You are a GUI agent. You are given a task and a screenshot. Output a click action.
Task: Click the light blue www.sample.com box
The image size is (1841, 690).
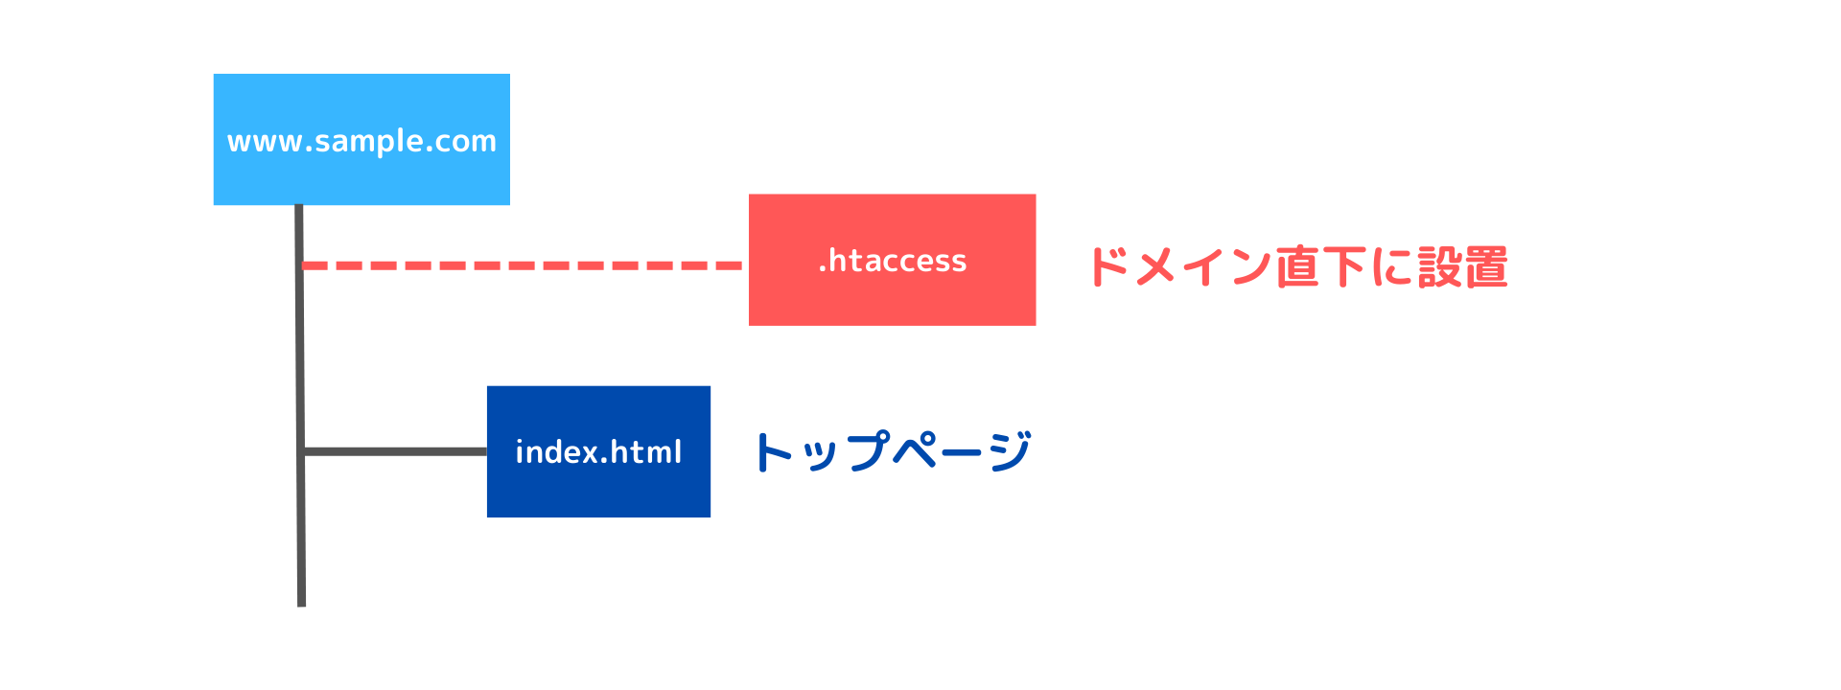click(361, 139)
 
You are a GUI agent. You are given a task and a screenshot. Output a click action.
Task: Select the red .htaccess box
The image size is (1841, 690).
click(892, 260)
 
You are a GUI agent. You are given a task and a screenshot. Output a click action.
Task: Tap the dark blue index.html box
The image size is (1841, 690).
click(598, 451)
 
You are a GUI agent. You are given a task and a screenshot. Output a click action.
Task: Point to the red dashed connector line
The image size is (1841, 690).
click(523, 265)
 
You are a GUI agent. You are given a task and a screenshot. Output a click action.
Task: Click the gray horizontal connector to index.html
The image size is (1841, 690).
click(395, 451)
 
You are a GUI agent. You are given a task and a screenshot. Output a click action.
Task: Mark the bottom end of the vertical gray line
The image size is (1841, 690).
click(301, 606)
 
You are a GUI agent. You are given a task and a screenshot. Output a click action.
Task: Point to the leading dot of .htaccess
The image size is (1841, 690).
click(823, 269)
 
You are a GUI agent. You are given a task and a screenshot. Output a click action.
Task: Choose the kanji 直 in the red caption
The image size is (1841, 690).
click(1296, 266)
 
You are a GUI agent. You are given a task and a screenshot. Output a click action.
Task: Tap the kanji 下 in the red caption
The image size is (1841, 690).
click(1343, 266)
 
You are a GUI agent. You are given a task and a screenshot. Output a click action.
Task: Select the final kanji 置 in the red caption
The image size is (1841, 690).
click(1486, 266)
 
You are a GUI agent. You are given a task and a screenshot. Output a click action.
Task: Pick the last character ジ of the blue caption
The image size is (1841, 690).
click(1010, 451)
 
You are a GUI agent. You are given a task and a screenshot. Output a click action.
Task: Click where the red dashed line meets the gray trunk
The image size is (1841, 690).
click(301, 265)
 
